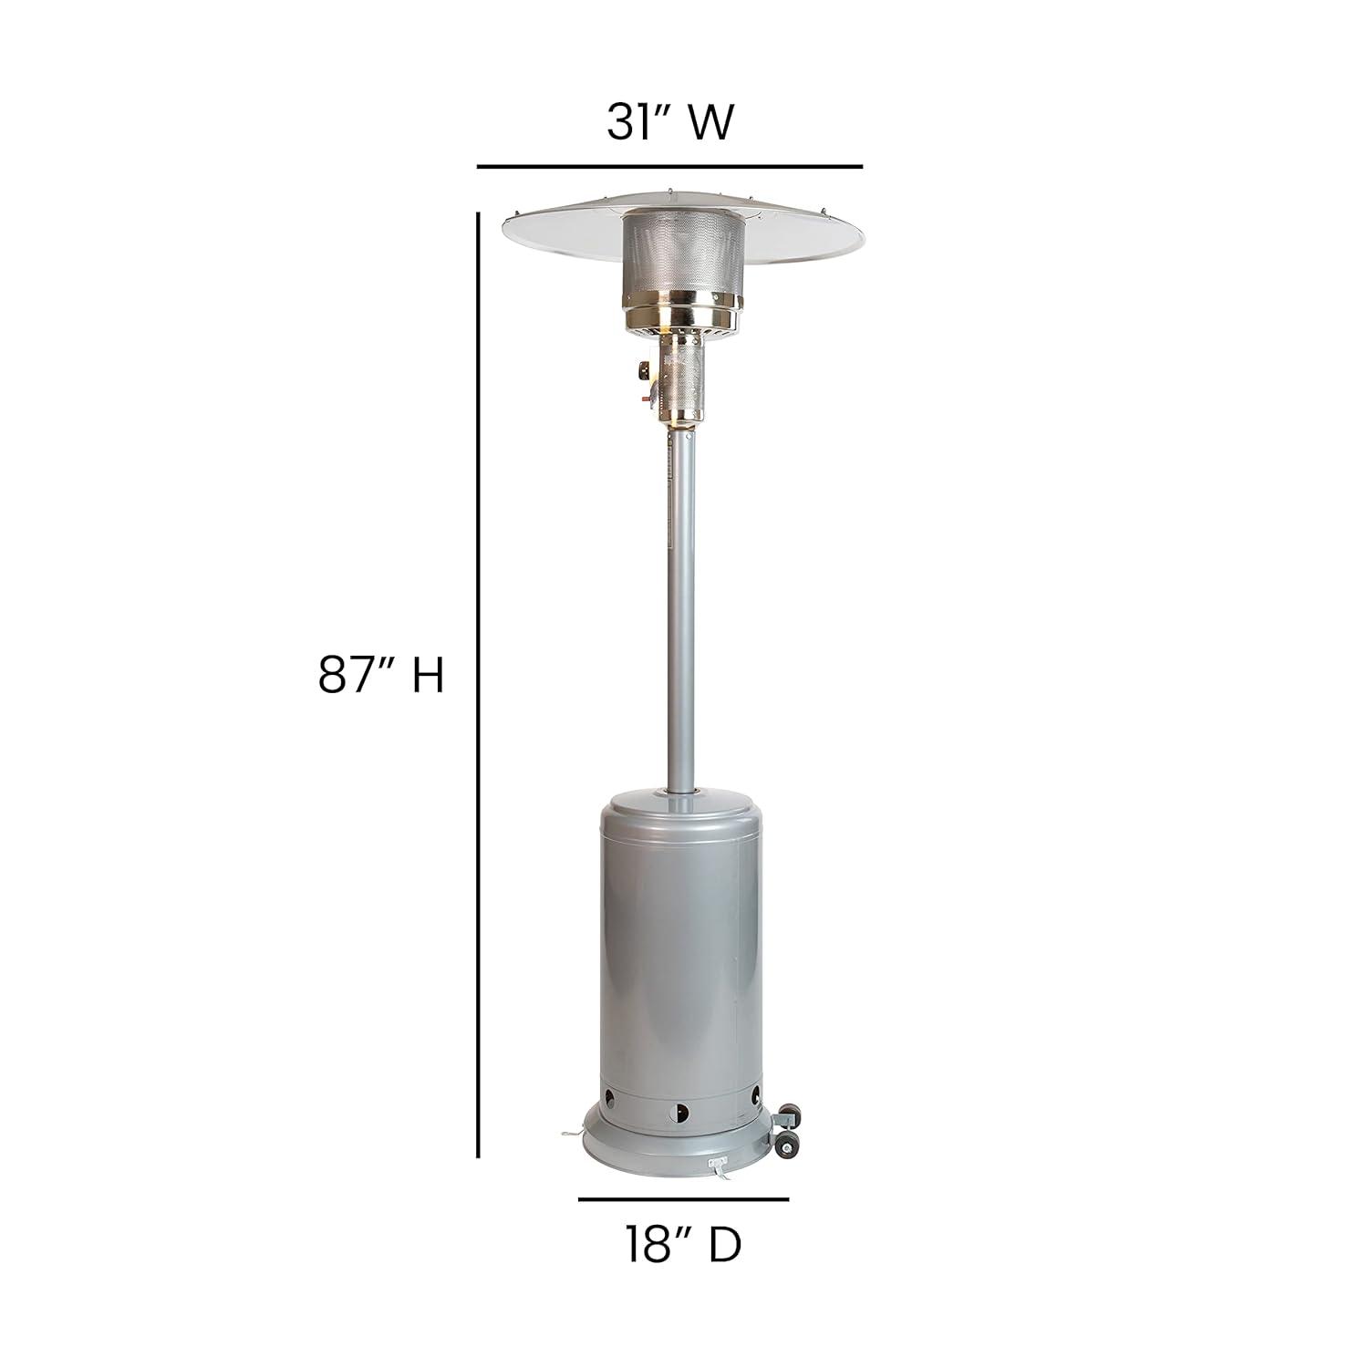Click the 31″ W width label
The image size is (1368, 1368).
669,121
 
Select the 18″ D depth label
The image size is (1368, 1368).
683,1244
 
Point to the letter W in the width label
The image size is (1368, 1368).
710,122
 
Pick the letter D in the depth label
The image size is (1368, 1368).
725,1244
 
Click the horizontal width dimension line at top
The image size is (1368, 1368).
669,167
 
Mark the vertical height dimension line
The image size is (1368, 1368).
478,684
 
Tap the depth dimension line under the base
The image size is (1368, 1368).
683,1198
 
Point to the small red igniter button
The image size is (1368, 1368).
650,395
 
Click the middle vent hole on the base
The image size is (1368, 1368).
679,1112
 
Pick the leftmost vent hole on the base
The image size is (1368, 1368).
608,1094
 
